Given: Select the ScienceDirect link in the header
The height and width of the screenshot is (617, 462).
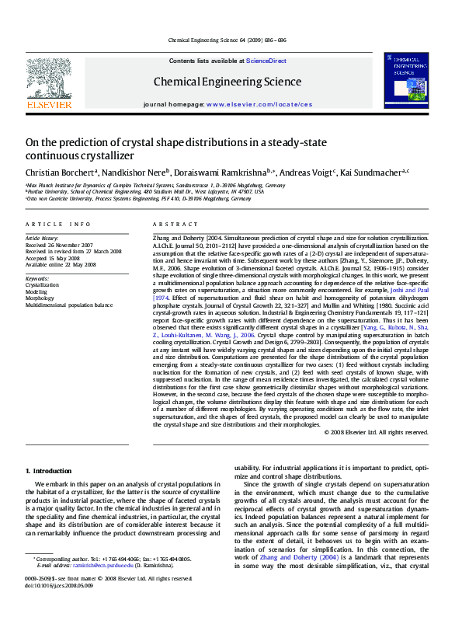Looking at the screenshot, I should [x=266, y=61].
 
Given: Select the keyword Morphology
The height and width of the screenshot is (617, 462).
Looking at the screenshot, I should [x=40, y=298].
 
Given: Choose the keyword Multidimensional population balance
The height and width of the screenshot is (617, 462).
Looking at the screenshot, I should [x=68, y=305].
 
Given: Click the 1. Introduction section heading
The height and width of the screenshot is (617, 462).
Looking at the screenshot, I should [x=49, y=471].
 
